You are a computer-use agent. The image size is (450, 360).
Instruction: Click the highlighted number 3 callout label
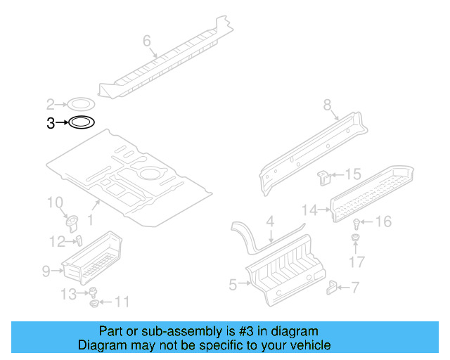(50, 124)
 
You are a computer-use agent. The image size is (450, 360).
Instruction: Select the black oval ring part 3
(81, 123)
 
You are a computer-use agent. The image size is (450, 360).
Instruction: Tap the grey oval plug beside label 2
(81, 105)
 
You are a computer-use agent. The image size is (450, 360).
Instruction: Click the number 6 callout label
(147, 41)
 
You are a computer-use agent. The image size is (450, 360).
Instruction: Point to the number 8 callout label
(327, 105)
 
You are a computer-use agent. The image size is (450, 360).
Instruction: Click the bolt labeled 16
(357, 224)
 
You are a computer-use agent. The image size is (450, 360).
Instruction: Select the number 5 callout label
(233, 283)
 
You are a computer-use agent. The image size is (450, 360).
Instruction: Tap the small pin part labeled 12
(79, 240)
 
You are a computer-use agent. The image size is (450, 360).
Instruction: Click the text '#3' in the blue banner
(243, 331)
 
